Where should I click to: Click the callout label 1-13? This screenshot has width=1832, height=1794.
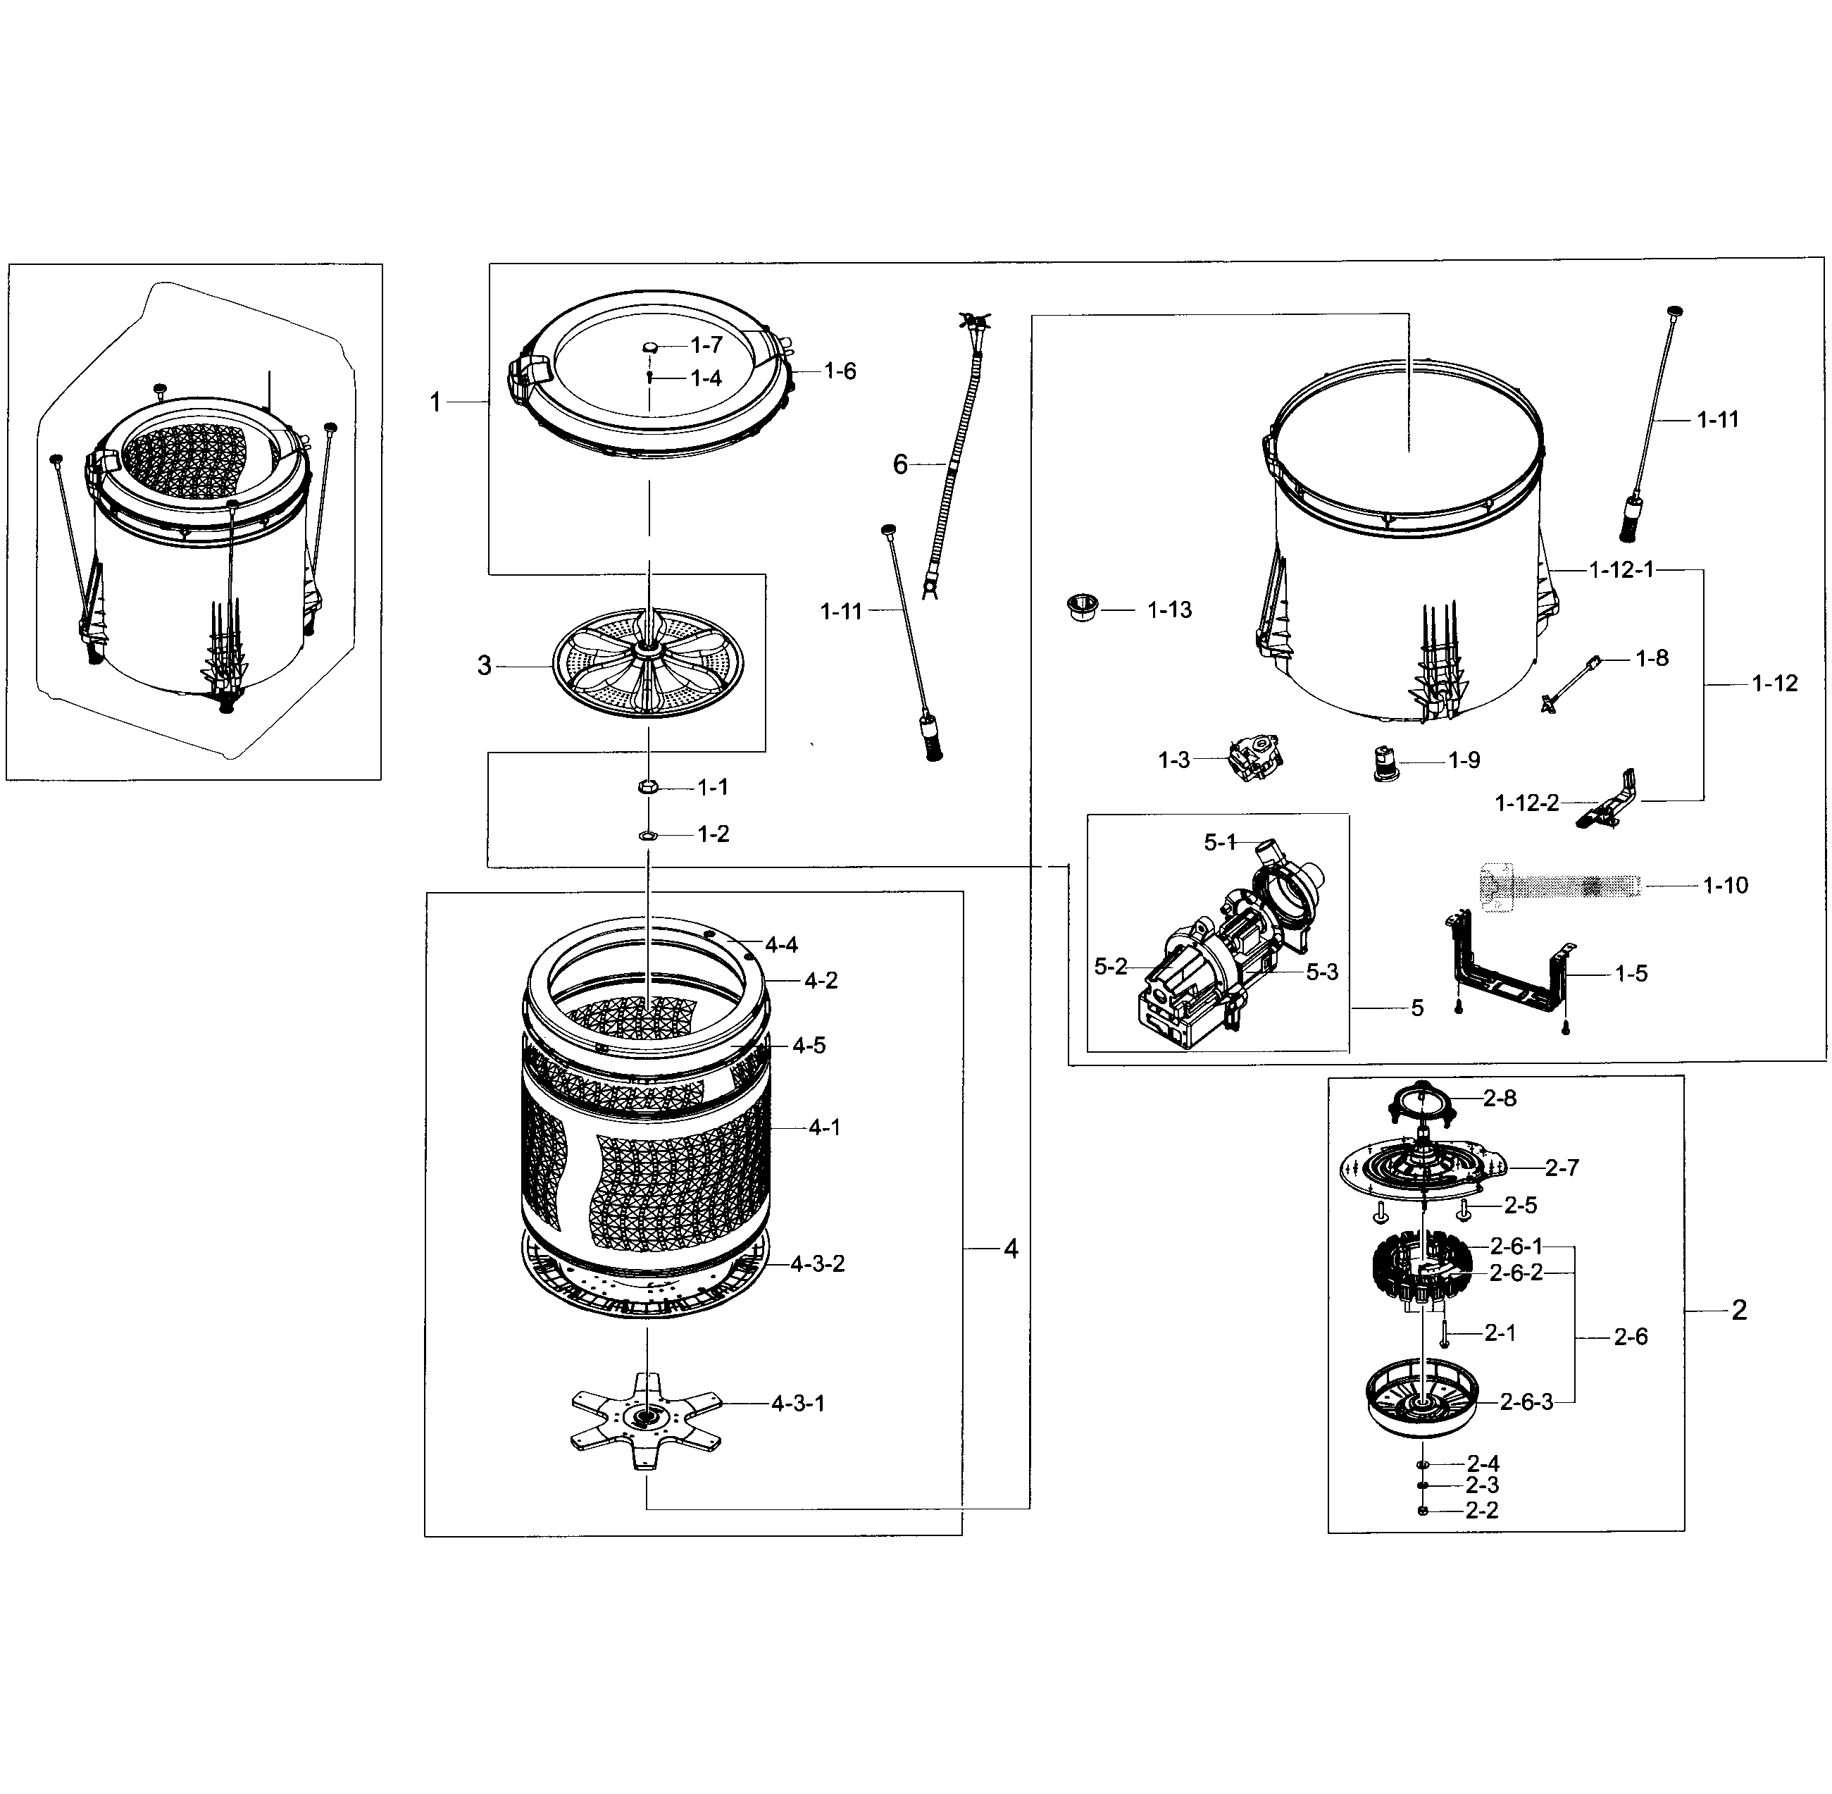coord(1169,610)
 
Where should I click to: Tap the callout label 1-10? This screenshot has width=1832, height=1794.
coord(1725,886)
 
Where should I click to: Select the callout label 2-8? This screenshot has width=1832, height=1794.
coord(1500,1098)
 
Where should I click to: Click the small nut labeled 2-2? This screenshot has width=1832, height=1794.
coord(1422,1511)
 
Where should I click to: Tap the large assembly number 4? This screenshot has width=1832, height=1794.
coord(1011,1249)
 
